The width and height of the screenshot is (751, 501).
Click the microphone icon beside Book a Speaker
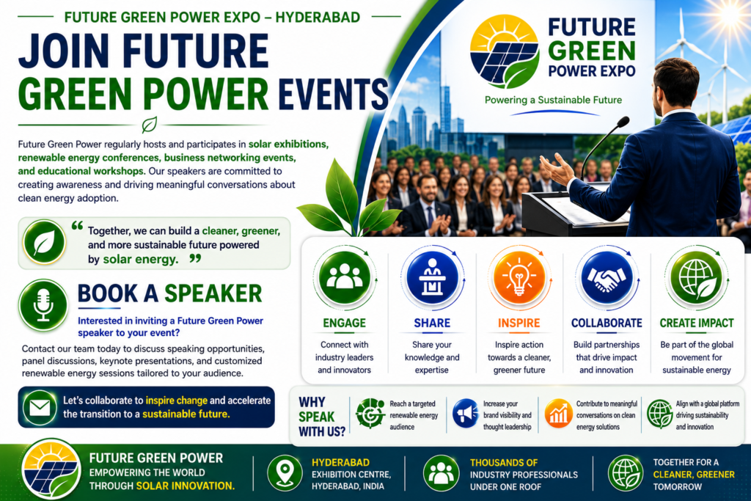click(x=43, y=306)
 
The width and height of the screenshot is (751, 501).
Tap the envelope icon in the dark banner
click(x=40, y=408)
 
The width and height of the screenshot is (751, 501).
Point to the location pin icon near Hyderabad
click(x=285, y=472)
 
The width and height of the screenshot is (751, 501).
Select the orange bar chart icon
click(x=558, y=414)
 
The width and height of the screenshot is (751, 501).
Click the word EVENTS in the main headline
click(x=334, y=93)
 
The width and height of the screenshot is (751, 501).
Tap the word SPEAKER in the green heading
click(x=213, y=293)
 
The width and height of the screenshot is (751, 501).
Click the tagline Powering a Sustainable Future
click(x=553, y=100)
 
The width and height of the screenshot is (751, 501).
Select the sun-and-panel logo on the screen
click(x=505, y=51)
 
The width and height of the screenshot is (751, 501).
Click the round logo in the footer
click(x=51, y=469)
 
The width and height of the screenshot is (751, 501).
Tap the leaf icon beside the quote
click(x=45, y=242)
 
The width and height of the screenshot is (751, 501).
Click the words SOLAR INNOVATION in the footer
click(x=186, y=486)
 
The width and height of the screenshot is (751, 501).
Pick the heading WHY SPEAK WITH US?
click(x=322, y=417)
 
